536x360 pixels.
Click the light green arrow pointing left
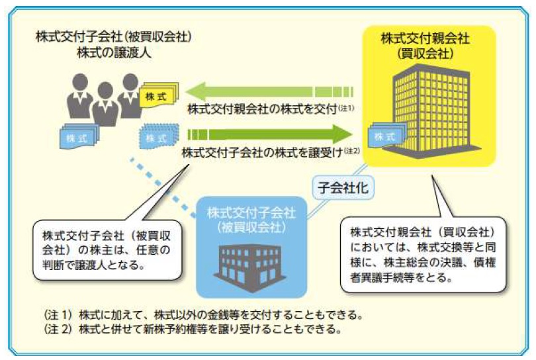(269, 91)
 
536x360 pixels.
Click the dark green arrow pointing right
(270, 134)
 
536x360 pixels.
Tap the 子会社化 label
(343, 188)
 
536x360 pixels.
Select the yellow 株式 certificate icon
(158, 95)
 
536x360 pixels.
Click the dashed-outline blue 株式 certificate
(159, 136)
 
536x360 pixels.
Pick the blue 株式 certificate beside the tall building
(386, 136)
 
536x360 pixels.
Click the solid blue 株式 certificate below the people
(79, 136)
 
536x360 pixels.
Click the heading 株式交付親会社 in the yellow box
(425, 38)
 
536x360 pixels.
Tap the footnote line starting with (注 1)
(203, 314)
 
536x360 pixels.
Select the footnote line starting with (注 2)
(193, 330)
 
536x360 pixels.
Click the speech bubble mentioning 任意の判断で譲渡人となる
(107, 250)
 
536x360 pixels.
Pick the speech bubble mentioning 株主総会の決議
(424, 254)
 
